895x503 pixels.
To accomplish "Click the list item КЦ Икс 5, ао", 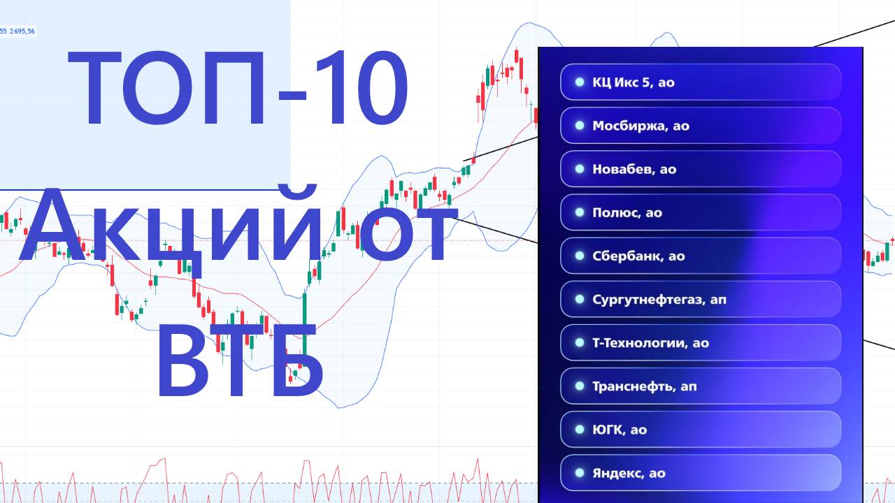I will point(700,82).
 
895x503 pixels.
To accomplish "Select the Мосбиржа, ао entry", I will point(700,126).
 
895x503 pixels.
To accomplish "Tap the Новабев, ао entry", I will point(700,169).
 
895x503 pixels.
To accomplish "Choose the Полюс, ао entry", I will point(700,212).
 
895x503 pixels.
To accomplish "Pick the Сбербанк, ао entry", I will point(700,256).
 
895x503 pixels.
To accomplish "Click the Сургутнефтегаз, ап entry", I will point(700,300).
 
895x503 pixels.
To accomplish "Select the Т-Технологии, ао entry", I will point(700,343).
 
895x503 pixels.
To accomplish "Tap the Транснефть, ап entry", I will point(700,386).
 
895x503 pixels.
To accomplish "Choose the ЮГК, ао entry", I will point(700,430).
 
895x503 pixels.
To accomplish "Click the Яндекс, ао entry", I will point(700,473).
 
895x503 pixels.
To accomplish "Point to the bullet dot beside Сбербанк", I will point(579,256).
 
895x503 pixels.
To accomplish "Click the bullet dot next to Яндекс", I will point(579,473).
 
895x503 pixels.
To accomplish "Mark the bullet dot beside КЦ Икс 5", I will point(579,82).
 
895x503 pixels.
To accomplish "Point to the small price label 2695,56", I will point(22,31).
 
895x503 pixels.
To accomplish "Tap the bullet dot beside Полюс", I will point(579,212).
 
